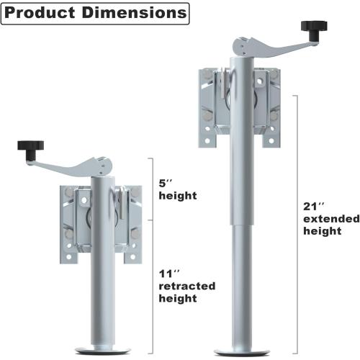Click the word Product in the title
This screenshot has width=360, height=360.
click(x=41, y=13)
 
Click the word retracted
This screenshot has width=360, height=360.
click(x=186, y=286)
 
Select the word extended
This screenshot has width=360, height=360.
click(x=328, y=218)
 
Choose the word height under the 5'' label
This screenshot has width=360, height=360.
click(x=176, y=195)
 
